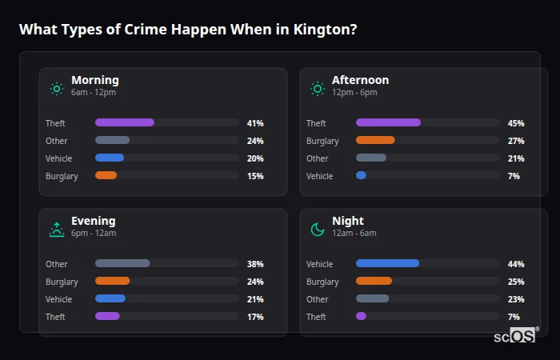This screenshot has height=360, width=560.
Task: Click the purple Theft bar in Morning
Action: [125, 122]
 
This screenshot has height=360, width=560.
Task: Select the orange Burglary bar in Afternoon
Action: [375, 140]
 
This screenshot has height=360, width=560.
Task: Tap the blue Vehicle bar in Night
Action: [387, 263]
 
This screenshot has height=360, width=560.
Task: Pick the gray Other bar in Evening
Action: [122, 263]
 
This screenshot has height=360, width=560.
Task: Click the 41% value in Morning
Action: [255, 123]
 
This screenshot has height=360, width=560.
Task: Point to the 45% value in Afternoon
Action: [516, 123]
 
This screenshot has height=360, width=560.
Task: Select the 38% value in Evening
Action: [255, 264]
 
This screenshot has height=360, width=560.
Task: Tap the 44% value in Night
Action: [516, 264]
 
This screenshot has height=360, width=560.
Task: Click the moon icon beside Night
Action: [318, 230]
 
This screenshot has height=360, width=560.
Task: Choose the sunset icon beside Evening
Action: [56, 230]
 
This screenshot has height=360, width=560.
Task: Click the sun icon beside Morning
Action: [56, 89]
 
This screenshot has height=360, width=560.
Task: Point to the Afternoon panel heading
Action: [360, 80]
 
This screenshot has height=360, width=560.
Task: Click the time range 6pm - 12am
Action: [94, 233]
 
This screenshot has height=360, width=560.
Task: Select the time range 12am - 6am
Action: [354, 233]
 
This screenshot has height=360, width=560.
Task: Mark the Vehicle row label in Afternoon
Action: [319, 176]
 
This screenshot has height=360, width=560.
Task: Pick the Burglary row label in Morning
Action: [62, 176]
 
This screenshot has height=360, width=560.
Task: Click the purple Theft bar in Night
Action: [361, 316]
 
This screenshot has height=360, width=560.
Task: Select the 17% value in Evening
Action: [255, 317]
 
